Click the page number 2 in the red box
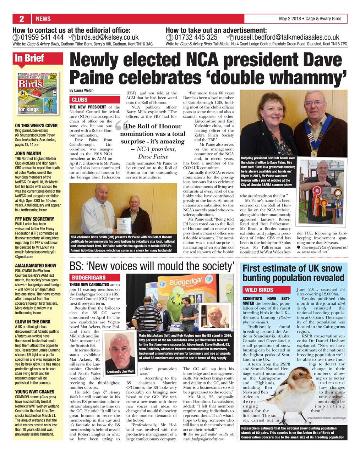(x=22, y=19)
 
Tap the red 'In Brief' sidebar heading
(x=29, y=58)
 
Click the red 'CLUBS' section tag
(x=80, y=100)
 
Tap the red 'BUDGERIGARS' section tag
(x=89, y=277)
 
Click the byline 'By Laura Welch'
(x=82, y=90)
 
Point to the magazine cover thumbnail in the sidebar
(x=38, y=93)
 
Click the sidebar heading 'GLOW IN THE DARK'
(x=33, y=322)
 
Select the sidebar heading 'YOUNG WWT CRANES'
(x=35, y=392)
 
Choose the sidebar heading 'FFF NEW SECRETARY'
(x=34, y=219)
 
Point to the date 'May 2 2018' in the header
(x=290, y=19)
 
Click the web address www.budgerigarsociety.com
(x=204, y=439)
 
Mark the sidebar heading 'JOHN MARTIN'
(x=28, y=154)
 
